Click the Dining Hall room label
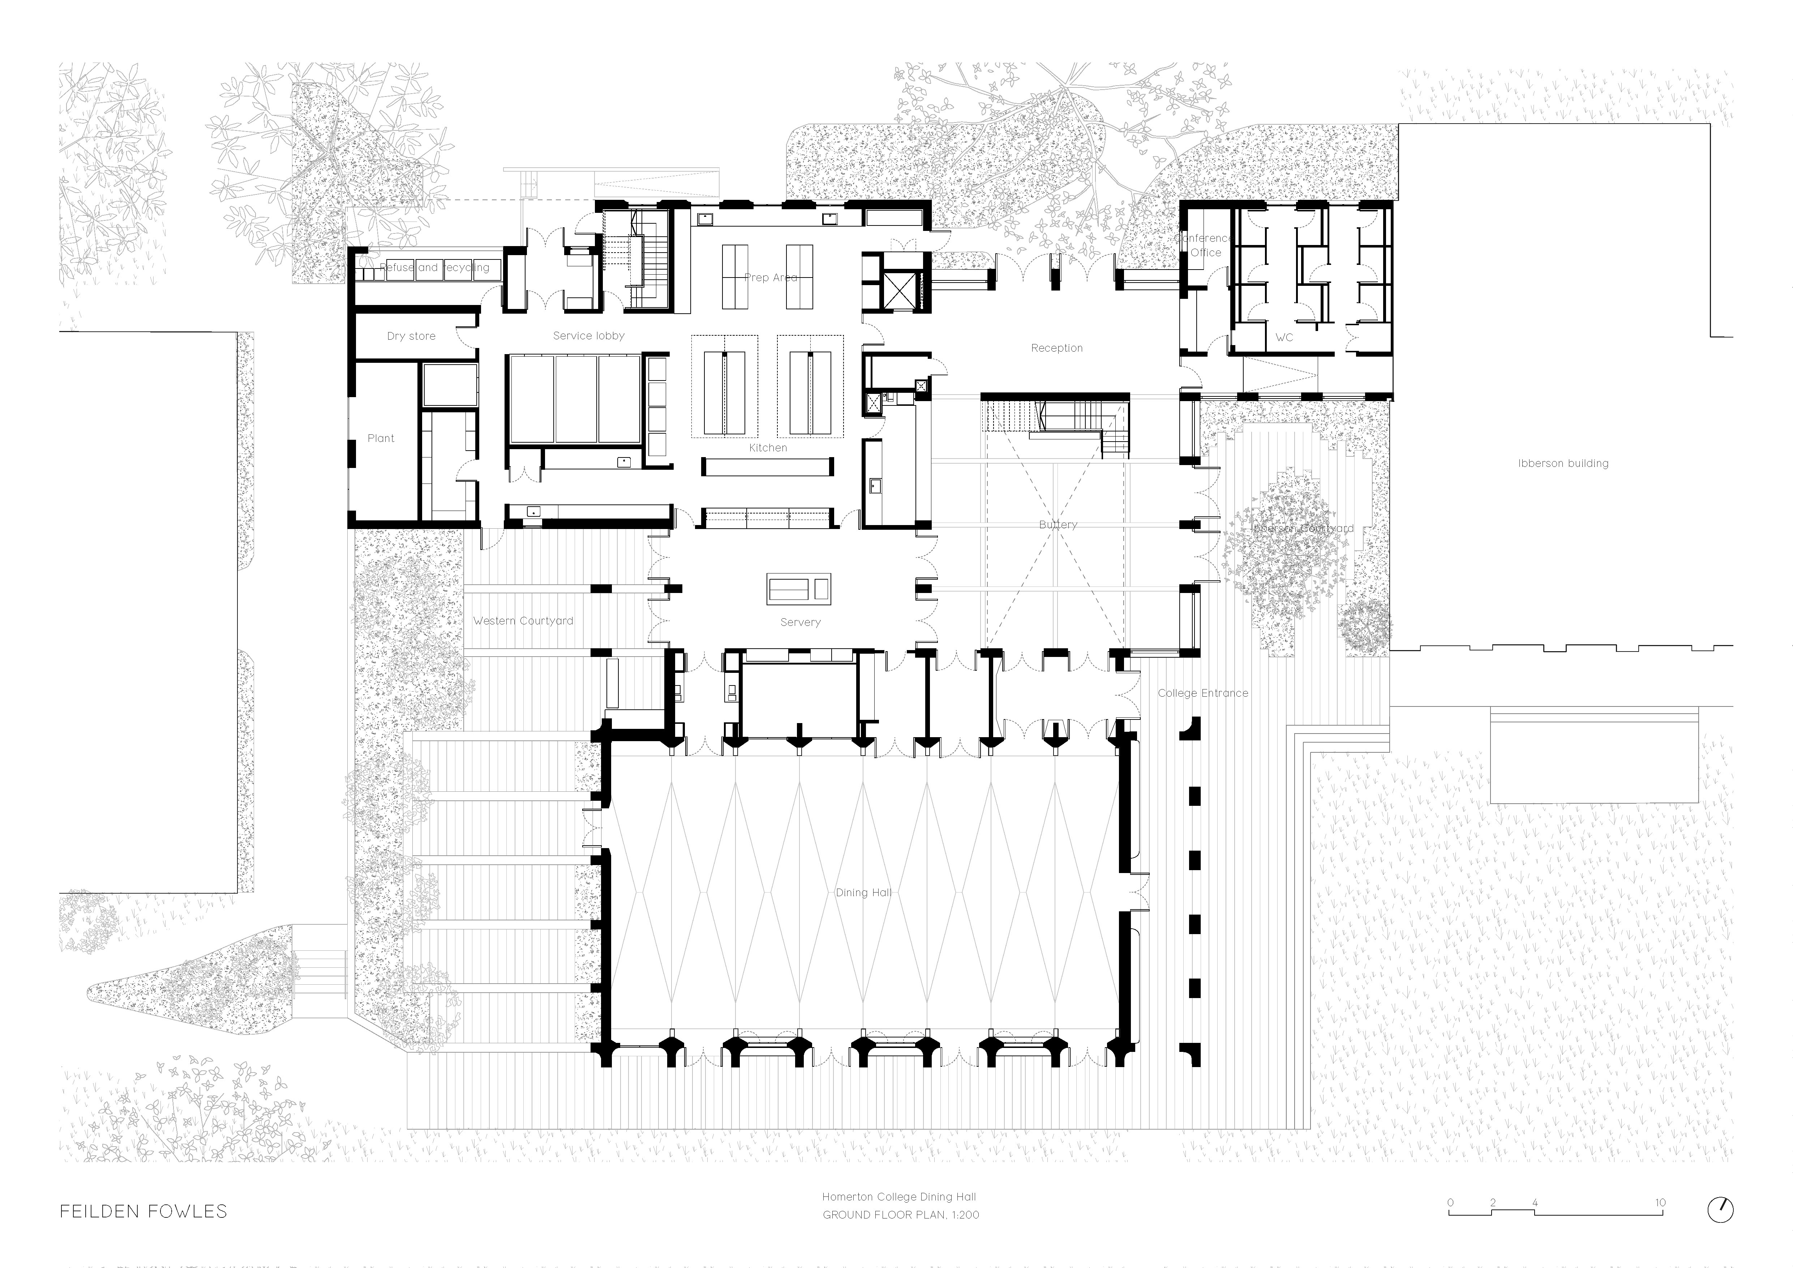click(x=863, y=893)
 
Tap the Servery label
click(x=801, y=622)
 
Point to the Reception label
click(x=1056, y=348)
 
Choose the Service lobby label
click(x=589, y=336)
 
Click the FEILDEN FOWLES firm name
click(x=144, y=1212)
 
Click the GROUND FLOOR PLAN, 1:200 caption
click(x=900, y=1215)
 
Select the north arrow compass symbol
click(x=1720, y=1209)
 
